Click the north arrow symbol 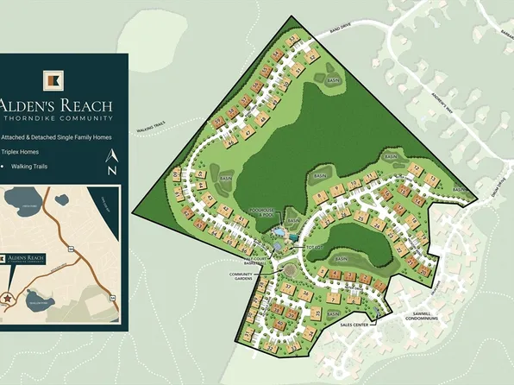point(111,162)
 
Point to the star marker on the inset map point(7,298)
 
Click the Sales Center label point(354,325)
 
